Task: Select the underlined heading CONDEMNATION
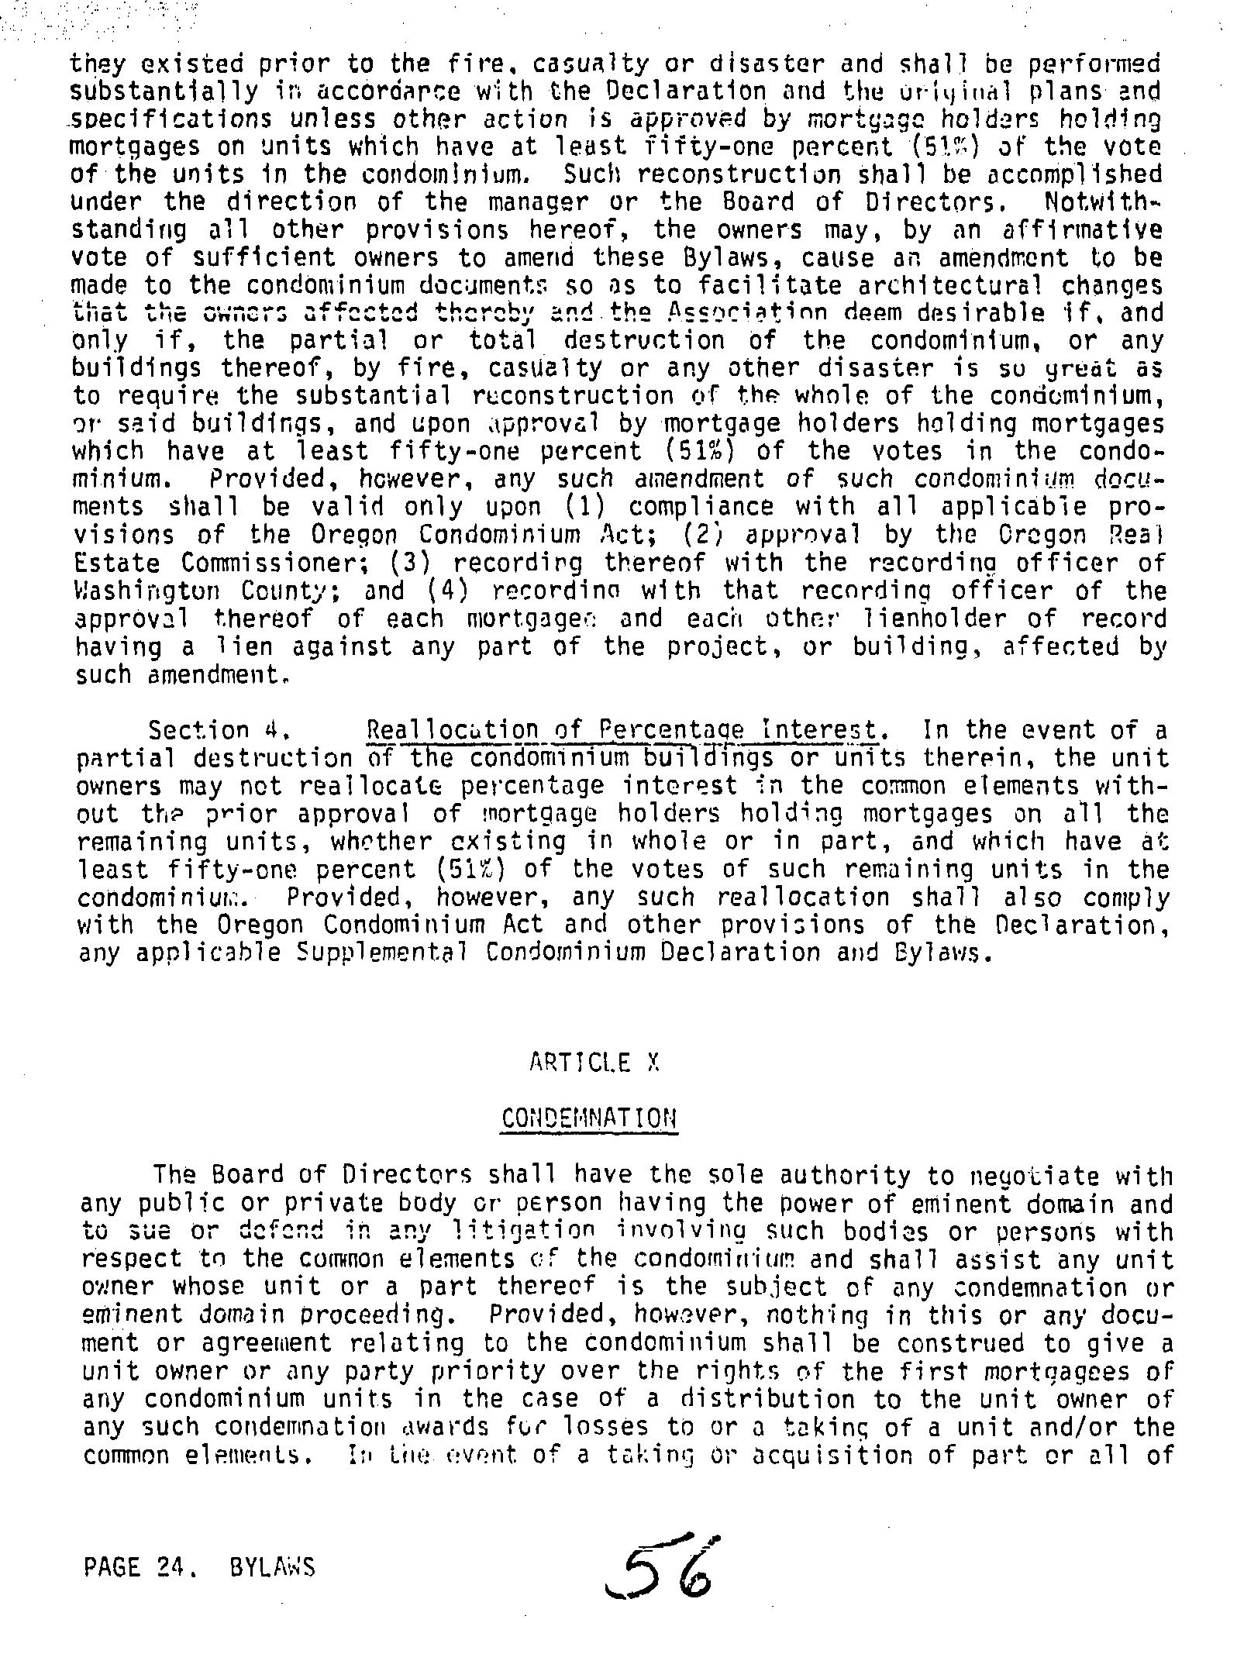click(589, 1118)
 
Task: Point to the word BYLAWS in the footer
click(272, 1569)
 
